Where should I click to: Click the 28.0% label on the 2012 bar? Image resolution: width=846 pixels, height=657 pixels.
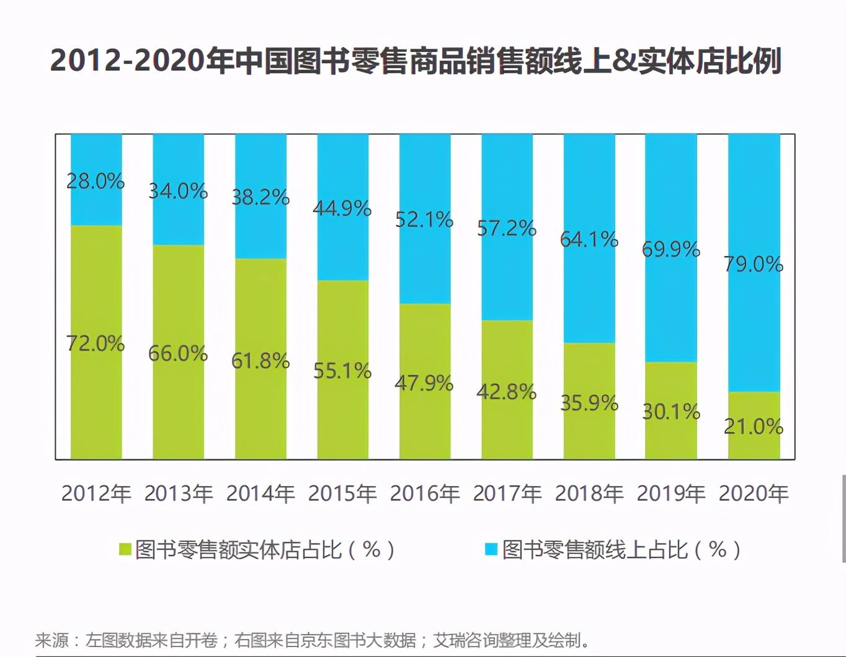tap(96, 181)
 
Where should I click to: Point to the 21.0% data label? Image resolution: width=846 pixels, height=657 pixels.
tap(754, 426)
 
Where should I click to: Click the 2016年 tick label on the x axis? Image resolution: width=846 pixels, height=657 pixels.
tap(425, 493)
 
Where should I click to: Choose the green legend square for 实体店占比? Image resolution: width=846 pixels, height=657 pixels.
tap(125, 549)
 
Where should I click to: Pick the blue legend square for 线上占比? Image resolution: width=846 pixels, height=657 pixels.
tap(491, 549)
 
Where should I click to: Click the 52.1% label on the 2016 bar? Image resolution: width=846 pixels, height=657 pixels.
tap(425, 219)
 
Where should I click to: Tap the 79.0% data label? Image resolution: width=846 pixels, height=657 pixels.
tap(754, 264)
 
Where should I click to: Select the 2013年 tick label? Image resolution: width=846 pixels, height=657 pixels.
tap(179, 493)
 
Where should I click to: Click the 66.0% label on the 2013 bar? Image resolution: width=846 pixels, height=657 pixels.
tap(178, 353)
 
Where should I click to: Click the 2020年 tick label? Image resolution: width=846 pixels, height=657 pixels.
tap(754, 493)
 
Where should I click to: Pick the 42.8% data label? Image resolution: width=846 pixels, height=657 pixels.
tap(507, 392)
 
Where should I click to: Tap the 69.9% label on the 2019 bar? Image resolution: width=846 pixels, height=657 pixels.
tap(671, 249)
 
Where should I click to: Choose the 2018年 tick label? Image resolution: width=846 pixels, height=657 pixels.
tap(589, 493)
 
